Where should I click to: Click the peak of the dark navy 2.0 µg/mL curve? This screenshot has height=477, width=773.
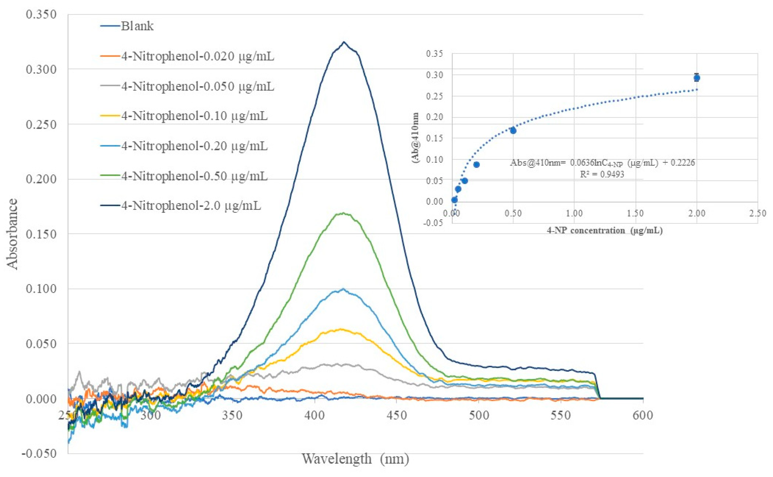pyautogui.click(x=344, y=42)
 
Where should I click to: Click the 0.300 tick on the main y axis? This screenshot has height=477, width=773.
pyautogui.click(x=41, y=69)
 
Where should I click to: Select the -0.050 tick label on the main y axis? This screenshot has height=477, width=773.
pyautogui.click(x=39, y=454)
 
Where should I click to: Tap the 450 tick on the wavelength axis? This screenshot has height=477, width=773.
pyautogui.click(x=396, y=415)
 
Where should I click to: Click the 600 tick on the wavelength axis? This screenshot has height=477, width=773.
pyautogui.click(x=643, y=415)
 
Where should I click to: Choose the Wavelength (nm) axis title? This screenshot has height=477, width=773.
pyautogui.click(x=355, y=459)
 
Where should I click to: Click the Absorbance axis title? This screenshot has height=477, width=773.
pyautogui.click(x=13, y=234)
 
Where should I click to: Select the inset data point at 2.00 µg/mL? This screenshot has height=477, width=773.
pyautogui.click(x=697, y=77)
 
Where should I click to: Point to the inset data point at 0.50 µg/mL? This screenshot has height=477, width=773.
pyautogui.click(x=513, y=130)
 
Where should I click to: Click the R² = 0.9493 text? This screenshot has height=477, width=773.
pyautogui.click(x=602, y=174)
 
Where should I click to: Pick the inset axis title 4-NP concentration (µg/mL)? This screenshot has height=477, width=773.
pyautogui.click(x=604, y=231)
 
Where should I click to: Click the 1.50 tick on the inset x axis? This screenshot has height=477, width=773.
pyautogui.click(x=635, y=213)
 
